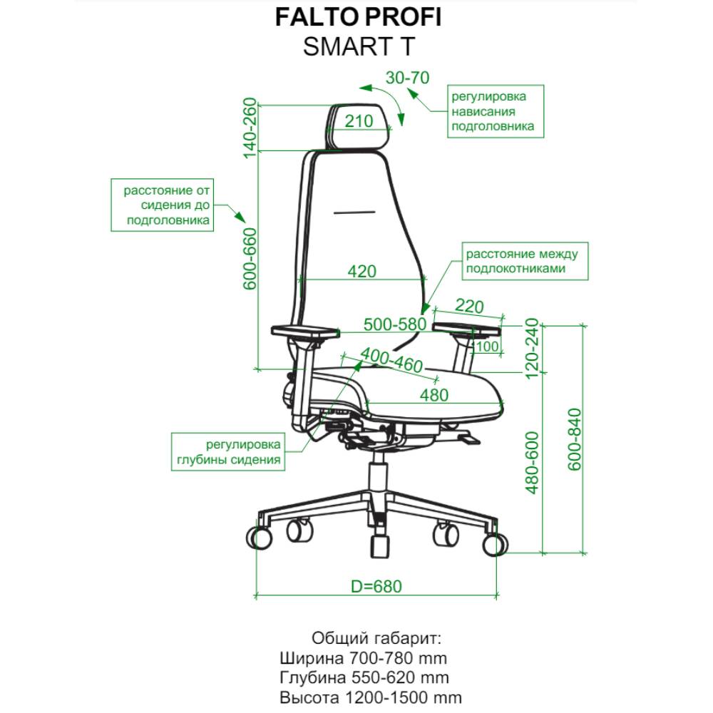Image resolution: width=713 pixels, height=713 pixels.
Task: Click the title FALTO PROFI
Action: point(359,17)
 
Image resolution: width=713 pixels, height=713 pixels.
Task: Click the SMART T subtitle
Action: point(359,46)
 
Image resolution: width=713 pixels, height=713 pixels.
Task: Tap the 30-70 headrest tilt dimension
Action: point(407,78)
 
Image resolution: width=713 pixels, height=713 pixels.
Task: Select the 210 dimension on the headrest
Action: point(359,121)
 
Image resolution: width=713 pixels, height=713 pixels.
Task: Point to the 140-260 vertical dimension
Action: point(250,128)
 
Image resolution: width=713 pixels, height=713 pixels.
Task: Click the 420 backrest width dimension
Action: point(362,272)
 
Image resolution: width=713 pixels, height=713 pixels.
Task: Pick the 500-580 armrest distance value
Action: point(395,324)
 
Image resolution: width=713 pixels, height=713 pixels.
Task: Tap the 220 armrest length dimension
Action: point(469,306)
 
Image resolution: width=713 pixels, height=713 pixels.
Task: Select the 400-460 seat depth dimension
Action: point(391,360)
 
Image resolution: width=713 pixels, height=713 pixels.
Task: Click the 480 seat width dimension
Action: point(434,395)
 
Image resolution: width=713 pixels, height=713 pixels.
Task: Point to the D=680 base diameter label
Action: point(376,587)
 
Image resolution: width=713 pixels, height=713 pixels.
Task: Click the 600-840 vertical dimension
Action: point(575,440)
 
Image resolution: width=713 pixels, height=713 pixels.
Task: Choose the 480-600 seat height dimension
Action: point(532,463)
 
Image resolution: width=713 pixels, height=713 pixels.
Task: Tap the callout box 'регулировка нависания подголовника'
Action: point(496,111)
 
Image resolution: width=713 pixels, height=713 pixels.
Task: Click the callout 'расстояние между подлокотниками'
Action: point(525,261)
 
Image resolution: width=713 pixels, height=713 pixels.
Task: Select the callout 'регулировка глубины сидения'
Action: point(228,451)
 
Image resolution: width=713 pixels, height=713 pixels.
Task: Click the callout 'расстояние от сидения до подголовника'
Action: point(163,205)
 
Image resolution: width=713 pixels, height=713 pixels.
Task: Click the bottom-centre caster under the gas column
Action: point(380,546)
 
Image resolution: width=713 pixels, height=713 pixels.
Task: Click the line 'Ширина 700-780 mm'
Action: point(364,658)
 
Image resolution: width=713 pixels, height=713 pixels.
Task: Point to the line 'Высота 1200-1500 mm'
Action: point(371,697)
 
